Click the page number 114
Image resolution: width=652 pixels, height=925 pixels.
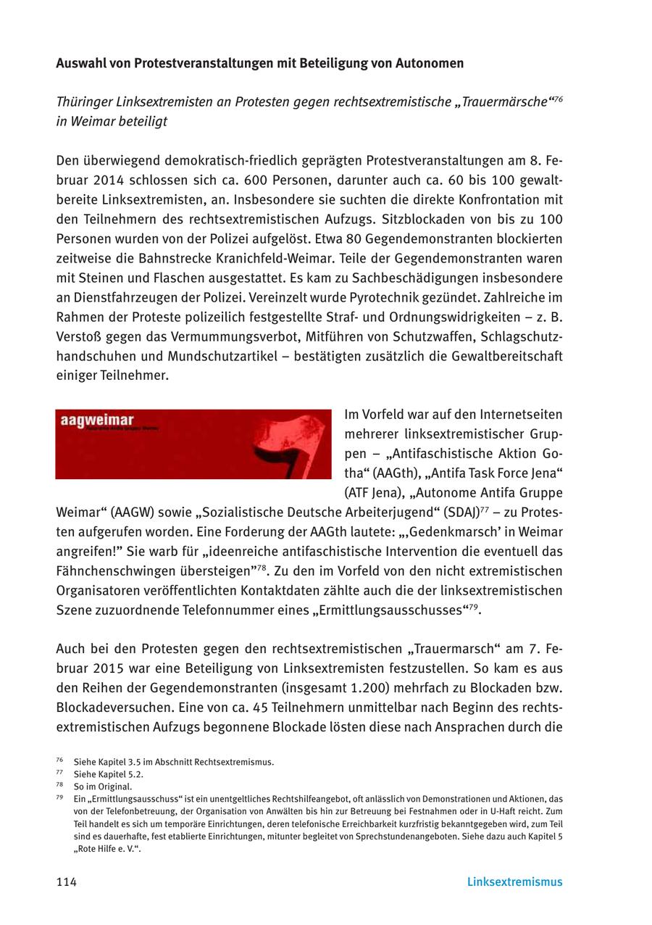click(x=67, y=882)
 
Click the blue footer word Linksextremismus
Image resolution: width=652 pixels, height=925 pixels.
click(x=514, y=882)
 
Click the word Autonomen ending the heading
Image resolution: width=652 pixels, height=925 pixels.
click(x=429, y=63)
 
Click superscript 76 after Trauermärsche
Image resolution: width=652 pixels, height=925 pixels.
click(x=558, y=99)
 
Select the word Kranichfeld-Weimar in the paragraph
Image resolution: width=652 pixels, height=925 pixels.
click(x=436, y=258)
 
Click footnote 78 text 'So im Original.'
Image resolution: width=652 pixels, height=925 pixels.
click(x=103, y=787)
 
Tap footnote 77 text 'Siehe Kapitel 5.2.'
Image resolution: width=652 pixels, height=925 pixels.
click(x=108, y=774)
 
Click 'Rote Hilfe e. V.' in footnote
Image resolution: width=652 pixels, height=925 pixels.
click(x=107, y=849)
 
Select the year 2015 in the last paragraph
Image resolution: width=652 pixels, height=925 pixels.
click(x=115, y=668)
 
